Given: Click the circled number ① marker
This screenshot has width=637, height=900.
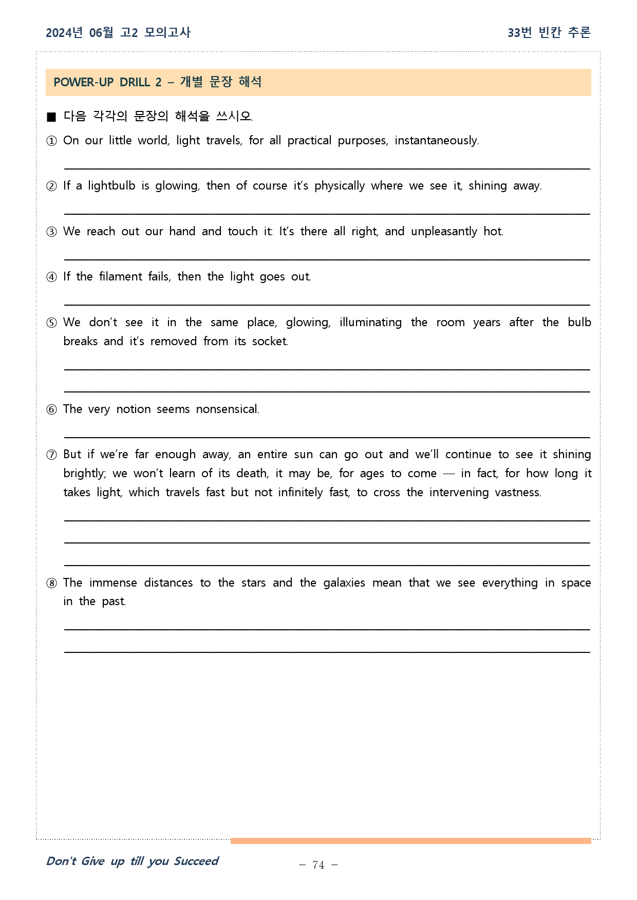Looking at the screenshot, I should tap(51, 141).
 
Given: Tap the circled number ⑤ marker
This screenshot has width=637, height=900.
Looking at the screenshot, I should tap(51, 323).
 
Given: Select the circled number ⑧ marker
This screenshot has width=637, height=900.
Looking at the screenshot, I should tap(51, 584).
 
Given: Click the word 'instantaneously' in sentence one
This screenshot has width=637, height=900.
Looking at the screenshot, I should tap(436, 141).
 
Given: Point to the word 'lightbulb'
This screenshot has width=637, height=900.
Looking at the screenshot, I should tap(111, 186).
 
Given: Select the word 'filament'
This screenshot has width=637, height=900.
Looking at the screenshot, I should tap(121, 277).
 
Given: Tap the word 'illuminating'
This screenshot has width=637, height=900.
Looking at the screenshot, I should tap(370, 323).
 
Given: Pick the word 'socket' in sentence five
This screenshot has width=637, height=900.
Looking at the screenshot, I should tap(269, 342).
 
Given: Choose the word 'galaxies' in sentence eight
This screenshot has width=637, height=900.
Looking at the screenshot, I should tap(344, 583).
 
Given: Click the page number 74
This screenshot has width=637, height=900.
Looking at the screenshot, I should tap(318, 865).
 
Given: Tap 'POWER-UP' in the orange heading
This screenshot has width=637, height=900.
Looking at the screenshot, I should tap(83, 83).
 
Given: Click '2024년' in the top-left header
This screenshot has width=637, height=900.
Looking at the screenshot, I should tap(64, 33).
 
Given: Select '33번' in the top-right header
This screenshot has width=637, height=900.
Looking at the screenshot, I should tap(519, 33).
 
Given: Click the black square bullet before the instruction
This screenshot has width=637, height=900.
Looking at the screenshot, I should tap(51, 117).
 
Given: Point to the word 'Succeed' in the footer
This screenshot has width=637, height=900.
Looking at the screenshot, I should tap(196, 861).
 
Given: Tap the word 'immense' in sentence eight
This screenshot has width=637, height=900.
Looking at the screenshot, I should tap(113, 583).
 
